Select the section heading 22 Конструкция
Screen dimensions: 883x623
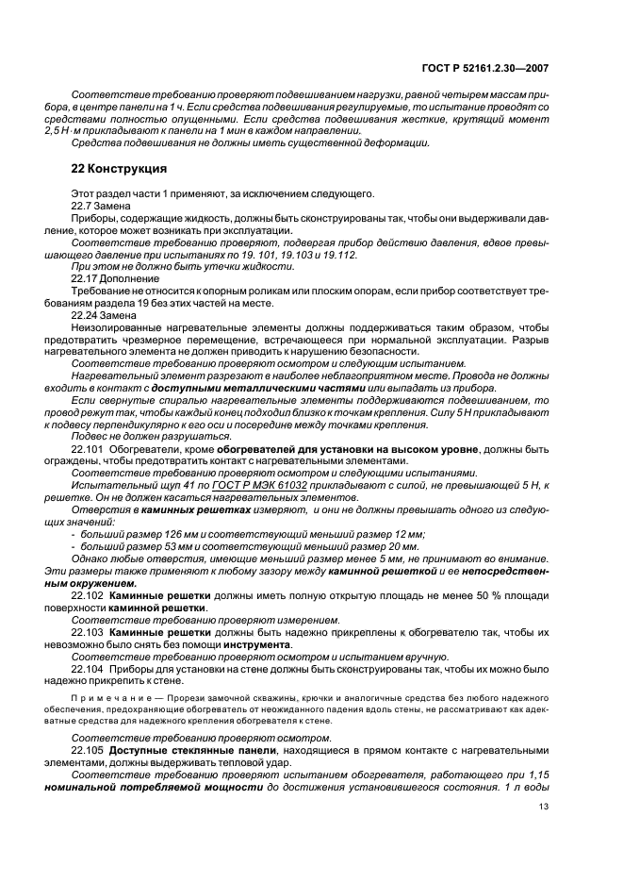click(119, 170)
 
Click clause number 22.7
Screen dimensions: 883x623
click(82, 207)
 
